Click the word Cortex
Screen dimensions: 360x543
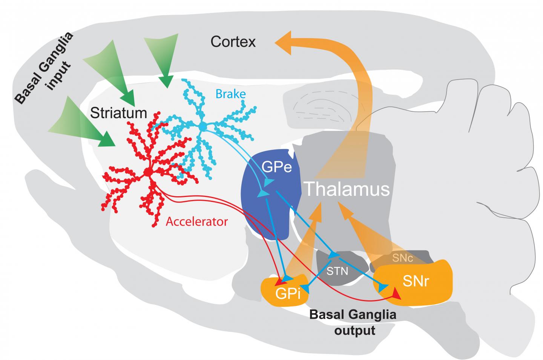233,42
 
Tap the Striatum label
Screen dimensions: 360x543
119,113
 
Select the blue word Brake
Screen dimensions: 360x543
230,94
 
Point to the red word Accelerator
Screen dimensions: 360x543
197,221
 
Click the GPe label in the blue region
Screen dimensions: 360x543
277,167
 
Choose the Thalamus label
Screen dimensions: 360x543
347,189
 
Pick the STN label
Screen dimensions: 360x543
337,271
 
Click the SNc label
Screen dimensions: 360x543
403,258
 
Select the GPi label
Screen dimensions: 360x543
287,293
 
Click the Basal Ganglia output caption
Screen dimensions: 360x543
353,322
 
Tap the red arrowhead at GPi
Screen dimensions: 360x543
279,282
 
